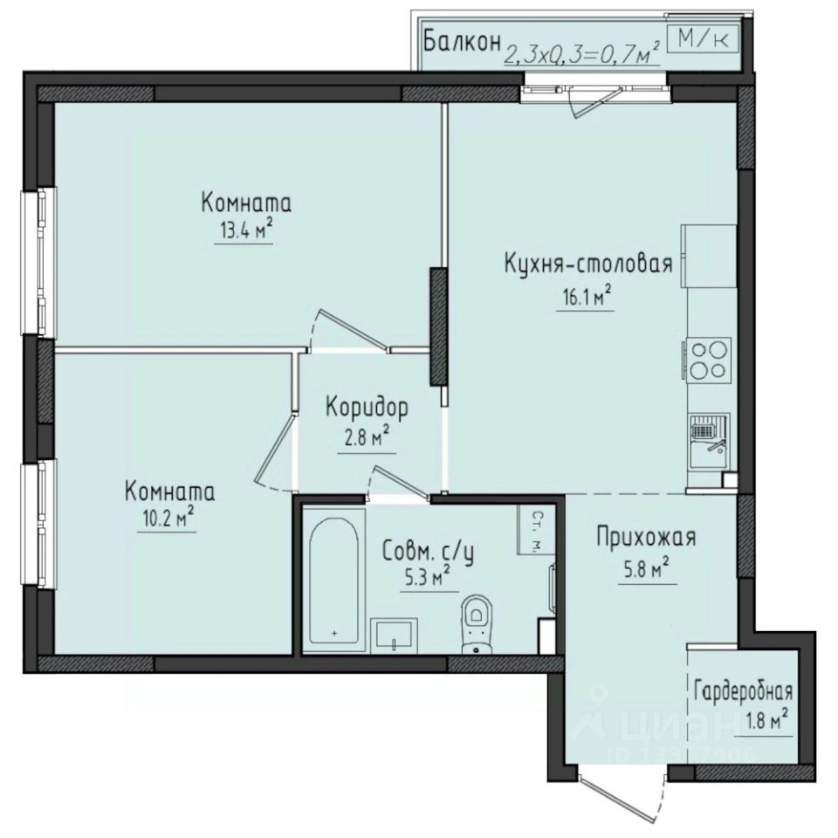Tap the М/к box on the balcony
pos(703,38)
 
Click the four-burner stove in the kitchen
pos(708,360)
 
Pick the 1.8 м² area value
pos(770,721)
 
